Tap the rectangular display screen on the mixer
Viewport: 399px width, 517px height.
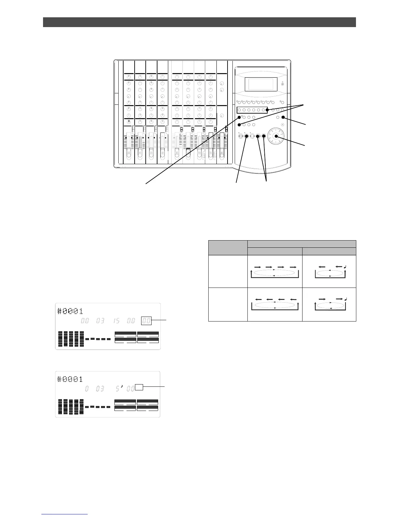tap(261, 84)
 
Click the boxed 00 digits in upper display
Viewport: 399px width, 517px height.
tap(146, 321)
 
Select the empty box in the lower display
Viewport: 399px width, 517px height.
tap(139, 387)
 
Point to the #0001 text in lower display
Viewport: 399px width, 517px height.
tap(70, 379)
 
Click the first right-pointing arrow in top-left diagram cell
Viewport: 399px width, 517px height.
tap(258, 267)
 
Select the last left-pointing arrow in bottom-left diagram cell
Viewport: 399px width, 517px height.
tap(293, 299)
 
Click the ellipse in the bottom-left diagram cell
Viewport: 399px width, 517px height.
tap(275, 305)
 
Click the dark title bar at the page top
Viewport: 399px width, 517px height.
tap(199, 22)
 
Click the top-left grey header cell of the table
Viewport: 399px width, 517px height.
tap(228, 247)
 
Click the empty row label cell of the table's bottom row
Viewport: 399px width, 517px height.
tap(228, 304)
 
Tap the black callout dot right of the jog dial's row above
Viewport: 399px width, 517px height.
tap(283, 117)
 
